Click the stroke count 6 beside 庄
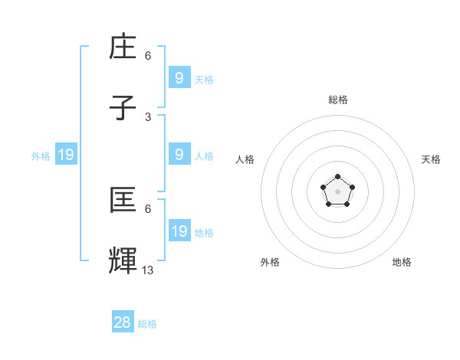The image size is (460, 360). click(x=148, y=56)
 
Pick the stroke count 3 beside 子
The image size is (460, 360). click(x=148, y=116)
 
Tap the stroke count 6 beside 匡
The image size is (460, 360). click(x=148, y=208)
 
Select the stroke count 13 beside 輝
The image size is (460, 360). click(x=148, y=269)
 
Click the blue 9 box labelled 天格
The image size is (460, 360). click(x=179, y=77)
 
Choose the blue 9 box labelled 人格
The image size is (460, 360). click(x=179, y=154)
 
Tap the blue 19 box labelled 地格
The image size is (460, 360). click(x=179, y=231)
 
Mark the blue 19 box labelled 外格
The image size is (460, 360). click(x=66, y=155)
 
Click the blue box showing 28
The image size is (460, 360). click(x=123, y=322)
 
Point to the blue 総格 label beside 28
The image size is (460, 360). click(x=147, y=324)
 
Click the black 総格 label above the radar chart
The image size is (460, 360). click(x=337, y=100)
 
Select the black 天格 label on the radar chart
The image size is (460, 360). click(x=431, y=159)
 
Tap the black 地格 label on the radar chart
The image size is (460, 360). click(x=402, y=262)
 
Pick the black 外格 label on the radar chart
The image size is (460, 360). click(x=270, y=262)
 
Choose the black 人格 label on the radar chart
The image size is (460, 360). click(x=245, y=159)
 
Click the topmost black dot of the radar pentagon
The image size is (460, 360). click(x=337, y=177)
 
